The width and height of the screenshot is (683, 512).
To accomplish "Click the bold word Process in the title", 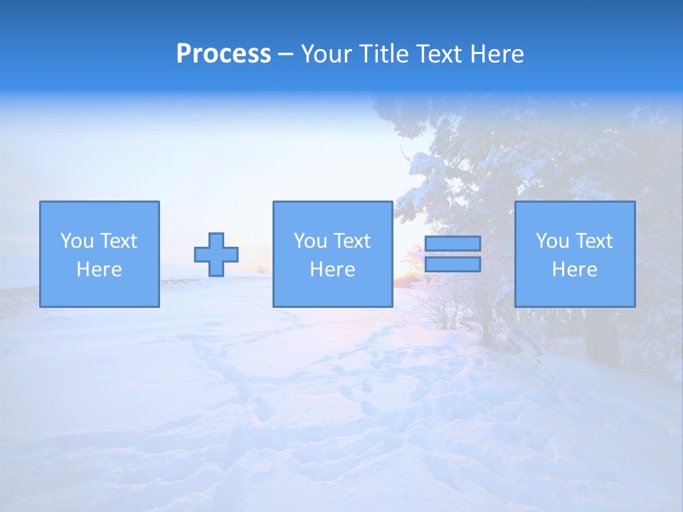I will point(223,54).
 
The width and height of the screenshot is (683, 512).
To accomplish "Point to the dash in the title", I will point(285,55).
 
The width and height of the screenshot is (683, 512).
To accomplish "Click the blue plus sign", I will point(216,255).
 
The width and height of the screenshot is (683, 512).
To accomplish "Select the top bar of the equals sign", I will point(452,244).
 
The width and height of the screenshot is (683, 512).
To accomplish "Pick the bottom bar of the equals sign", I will point(452,265).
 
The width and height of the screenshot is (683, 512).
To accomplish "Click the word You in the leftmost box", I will point(77,241).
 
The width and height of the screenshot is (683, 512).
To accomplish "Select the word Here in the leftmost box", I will point(100,270).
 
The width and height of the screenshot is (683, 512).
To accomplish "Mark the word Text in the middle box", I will point(351,241).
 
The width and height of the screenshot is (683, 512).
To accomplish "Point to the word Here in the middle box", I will point(333,270).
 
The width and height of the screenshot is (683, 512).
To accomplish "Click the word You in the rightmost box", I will point(552,241).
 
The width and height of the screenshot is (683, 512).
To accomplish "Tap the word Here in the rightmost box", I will point(575,270).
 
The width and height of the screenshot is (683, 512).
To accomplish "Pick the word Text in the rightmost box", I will point(593,241).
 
